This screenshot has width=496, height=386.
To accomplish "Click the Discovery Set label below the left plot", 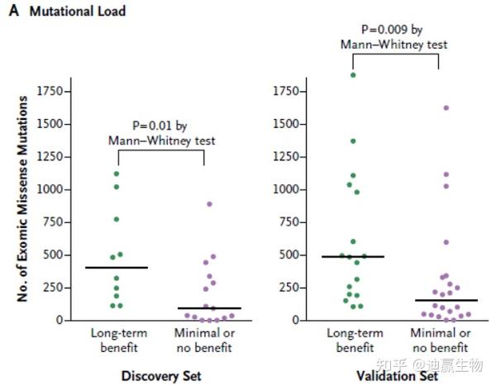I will (x=161, y=376).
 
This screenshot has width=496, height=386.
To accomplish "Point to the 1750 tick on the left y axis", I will (x=51, y=89).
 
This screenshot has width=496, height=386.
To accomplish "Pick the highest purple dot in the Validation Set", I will (x=446, y=108).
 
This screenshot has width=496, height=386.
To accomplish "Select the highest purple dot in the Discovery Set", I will (x=209, y=203).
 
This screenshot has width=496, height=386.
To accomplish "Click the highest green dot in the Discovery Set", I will (x=116, y=174).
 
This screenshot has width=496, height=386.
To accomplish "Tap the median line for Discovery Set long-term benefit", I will (x=116, y=267).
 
